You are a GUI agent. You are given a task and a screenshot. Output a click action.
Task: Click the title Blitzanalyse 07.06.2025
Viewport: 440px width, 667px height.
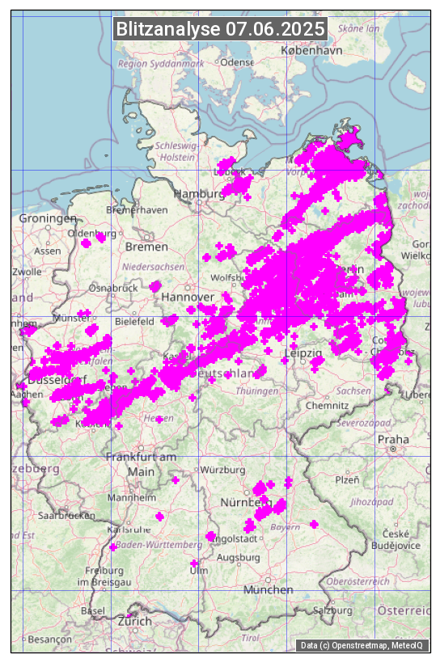220,29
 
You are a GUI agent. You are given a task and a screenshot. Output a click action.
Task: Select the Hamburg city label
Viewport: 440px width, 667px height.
198,194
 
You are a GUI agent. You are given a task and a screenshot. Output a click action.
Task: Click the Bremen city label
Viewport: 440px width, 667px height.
146,246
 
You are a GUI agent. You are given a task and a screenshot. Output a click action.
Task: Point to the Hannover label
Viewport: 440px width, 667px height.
187,298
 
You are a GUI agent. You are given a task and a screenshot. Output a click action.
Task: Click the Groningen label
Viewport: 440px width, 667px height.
48,219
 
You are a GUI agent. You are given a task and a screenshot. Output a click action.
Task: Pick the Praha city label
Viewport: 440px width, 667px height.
393,439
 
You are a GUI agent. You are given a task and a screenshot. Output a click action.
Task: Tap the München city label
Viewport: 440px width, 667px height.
268,589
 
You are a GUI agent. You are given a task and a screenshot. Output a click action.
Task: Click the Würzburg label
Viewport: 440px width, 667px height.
223,470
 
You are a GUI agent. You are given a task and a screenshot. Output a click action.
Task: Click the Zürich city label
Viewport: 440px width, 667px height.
134,621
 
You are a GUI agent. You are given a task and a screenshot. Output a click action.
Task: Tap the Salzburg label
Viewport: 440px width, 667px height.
332,610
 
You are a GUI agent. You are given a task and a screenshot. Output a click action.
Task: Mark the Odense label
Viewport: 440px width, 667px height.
237,62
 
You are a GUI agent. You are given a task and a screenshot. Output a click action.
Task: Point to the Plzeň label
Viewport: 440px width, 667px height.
347,479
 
